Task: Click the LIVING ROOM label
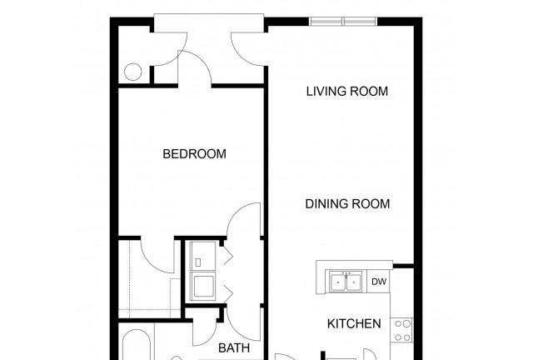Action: click(x=347, y=91)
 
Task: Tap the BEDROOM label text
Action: click(x=194, y=154)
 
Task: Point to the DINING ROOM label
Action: click(x=347, y=204)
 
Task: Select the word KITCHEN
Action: click(x=354, y=323)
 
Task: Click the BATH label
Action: click(x=234, y=348)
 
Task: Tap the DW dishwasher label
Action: click(x=379, y=282)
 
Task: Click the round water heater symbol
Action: click(x=132, y=72)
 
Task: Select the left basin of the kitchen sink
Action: click(x=338, y=282)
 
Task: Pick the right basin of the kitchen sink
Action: click(x=354, y=282)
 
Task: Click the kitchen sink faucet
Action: click(x=346, y=273)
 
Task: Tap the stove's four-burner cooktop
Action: click(x=402, y=330)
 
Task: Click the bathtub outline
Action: click(x=137, y=344)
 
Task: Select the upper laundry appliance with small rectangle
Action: click(x=203, y=256)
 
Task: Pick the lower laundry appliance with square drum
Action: click(x=203, y=286)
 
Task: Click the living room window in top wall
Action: click(x=343, y=22)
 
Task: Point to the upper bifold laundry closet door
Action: click(x=227, y=256)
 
